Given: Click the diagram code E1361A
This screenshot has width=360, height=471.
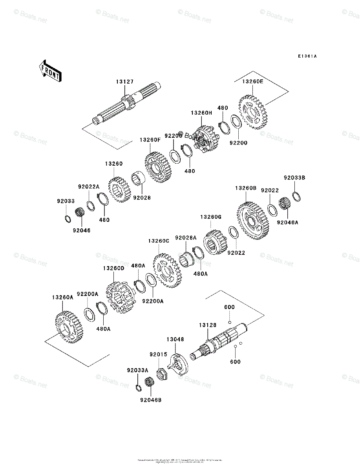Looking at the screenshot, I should click(307, 57).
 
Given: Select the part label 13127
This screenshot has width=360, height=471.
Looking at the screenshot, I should click(124, 82).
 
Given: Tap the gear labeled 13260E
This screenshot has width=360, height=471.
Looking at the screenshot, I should click(253, 111).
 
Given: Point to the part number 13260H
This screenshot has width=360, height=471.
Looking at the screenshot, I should click(201, 113).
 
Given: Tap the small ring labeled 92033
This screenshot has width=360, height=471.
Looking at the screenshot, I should click(68, 217).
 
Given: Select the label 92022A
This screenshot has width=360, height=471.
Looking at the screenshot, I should click(88, 187).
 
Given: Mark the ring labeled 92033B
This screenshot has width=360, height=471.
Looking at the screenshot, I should click(297, 196).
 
